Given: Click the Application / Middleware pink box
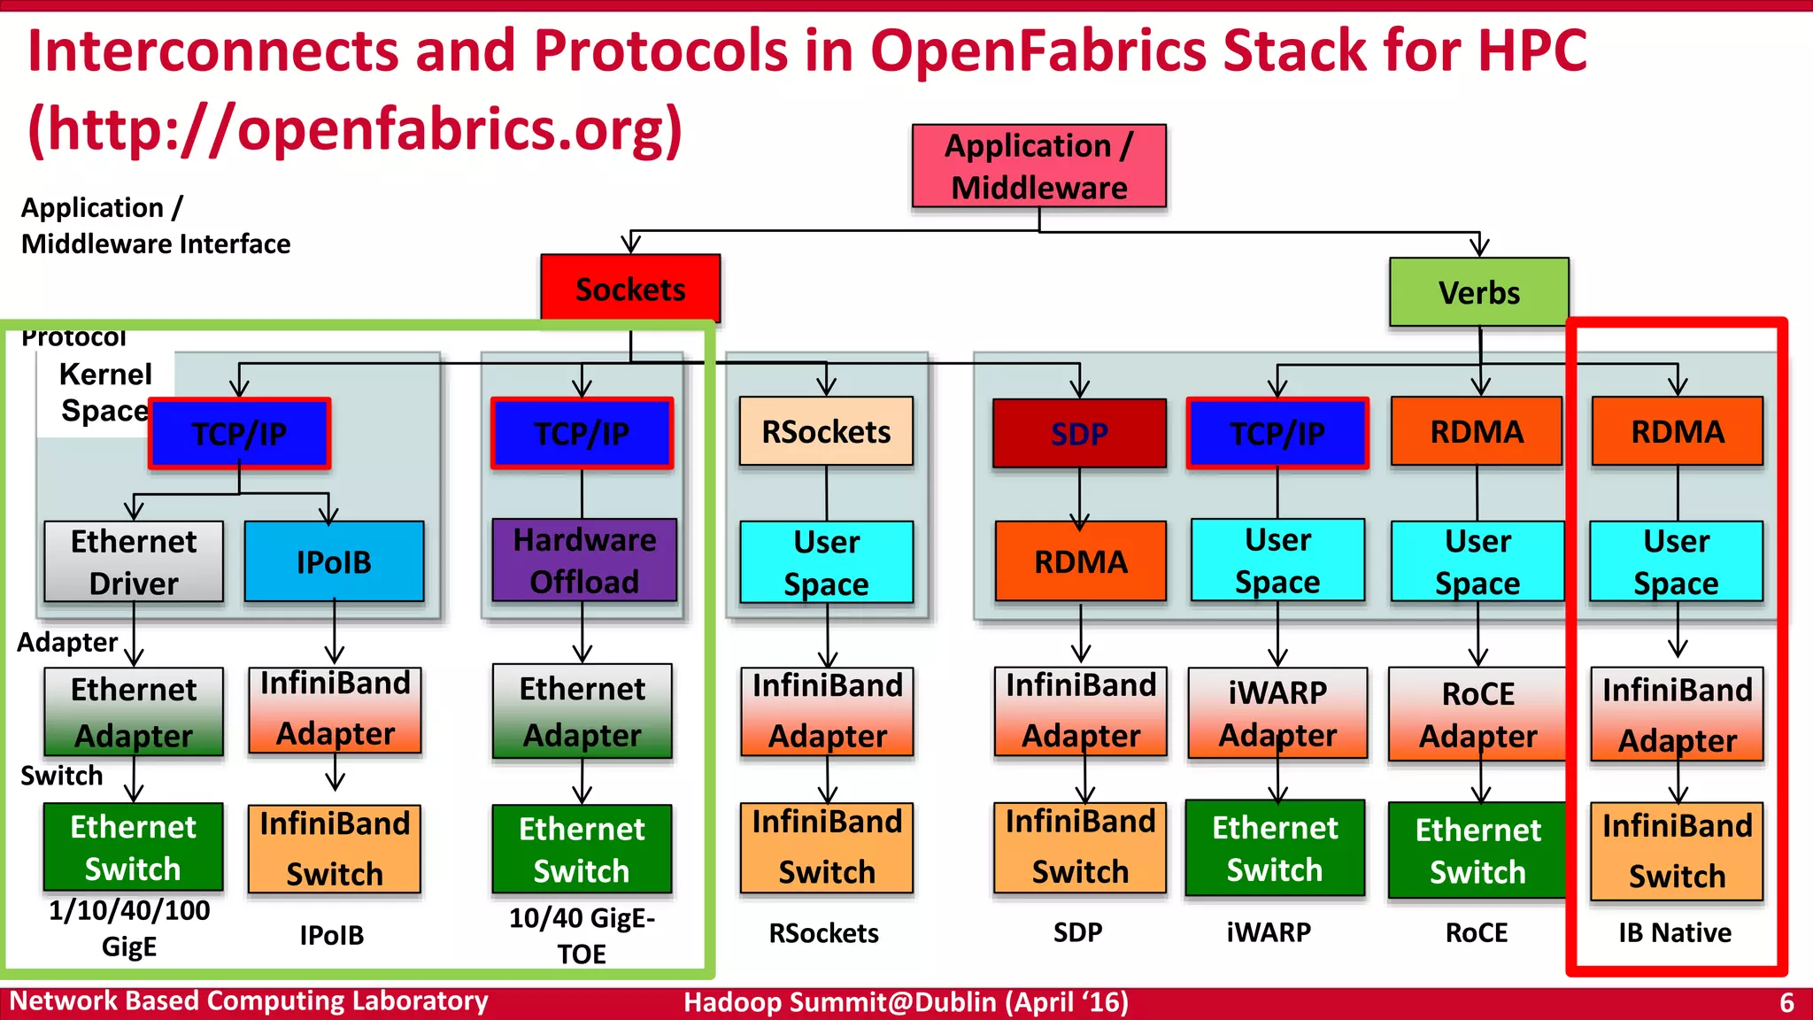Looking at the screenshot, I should (1038, 166).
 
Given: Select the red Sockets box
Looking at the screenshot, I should (630, 289).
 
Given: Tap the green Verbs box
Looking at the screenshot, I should (1478, 292).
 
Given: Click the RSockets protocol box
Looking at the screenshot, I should (826, 432).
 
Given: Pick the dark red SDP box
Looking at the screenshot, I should (1079, 434).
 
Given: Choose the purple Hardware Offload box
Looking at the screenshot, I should (584, 560).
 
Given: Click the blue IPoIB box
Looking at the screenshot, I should (334, 561).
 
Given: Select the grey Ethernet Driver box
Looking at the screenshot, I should (134, 561).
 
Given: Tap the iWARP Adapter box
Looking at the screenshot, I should (1277, 714).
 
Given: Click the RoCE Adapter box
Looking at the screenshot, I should (1477, 715).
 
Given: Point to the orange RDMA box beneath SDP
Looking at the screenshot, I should (1080, 561).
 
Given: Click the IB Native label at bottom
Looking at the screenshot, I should (1674, 932).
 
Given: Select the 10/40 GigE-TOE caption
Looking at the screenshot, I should (582, 936).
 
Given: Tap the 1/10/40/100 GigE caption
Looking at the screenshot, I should (129, 927).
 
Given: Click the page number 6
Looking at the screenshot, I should (1786, 1003).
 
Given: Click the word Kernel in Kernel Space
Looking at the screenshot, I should (105, 375).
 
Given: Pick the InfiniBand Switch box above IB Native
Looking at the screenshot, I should (1677, 851).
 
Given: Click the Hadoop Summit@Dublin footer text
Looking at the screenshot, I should (906, 1002).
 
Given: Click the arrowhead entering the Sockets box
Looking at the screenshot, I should (630, 244).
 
